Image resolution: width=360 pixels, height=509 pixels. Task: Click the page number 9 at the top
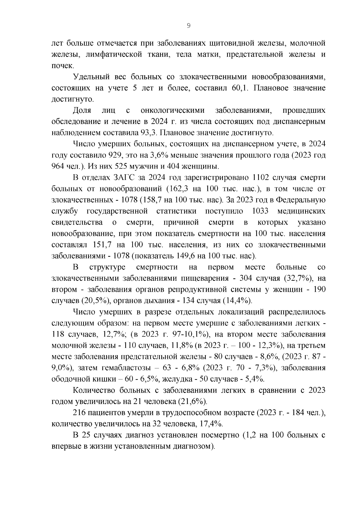click(x=188, y=26)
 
